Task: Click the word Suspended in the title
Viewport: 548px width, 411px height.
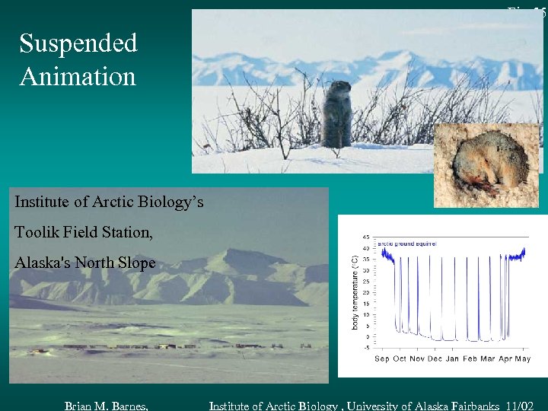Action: coord(78,43)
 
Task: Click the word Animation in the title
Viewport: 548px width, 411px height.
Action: coord(78,76)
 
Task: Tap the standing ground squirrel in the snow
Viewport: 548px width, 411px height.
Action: coord(336,115)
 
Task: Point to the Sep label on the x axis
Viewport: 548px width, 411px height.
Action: coord(382,358)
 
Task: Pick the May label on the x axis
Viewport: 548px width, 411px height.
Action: coord(523,358)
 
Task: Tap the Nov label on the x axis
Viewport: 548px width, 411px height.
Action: coord(417,358)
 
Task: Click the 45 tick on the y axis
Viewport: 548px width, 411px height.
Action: coord(366,236)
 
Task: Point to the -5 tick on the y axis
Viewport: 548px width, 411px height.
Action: coord(366,348)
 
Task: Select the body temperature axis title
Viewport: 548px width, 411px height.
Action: coord(354,292)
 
